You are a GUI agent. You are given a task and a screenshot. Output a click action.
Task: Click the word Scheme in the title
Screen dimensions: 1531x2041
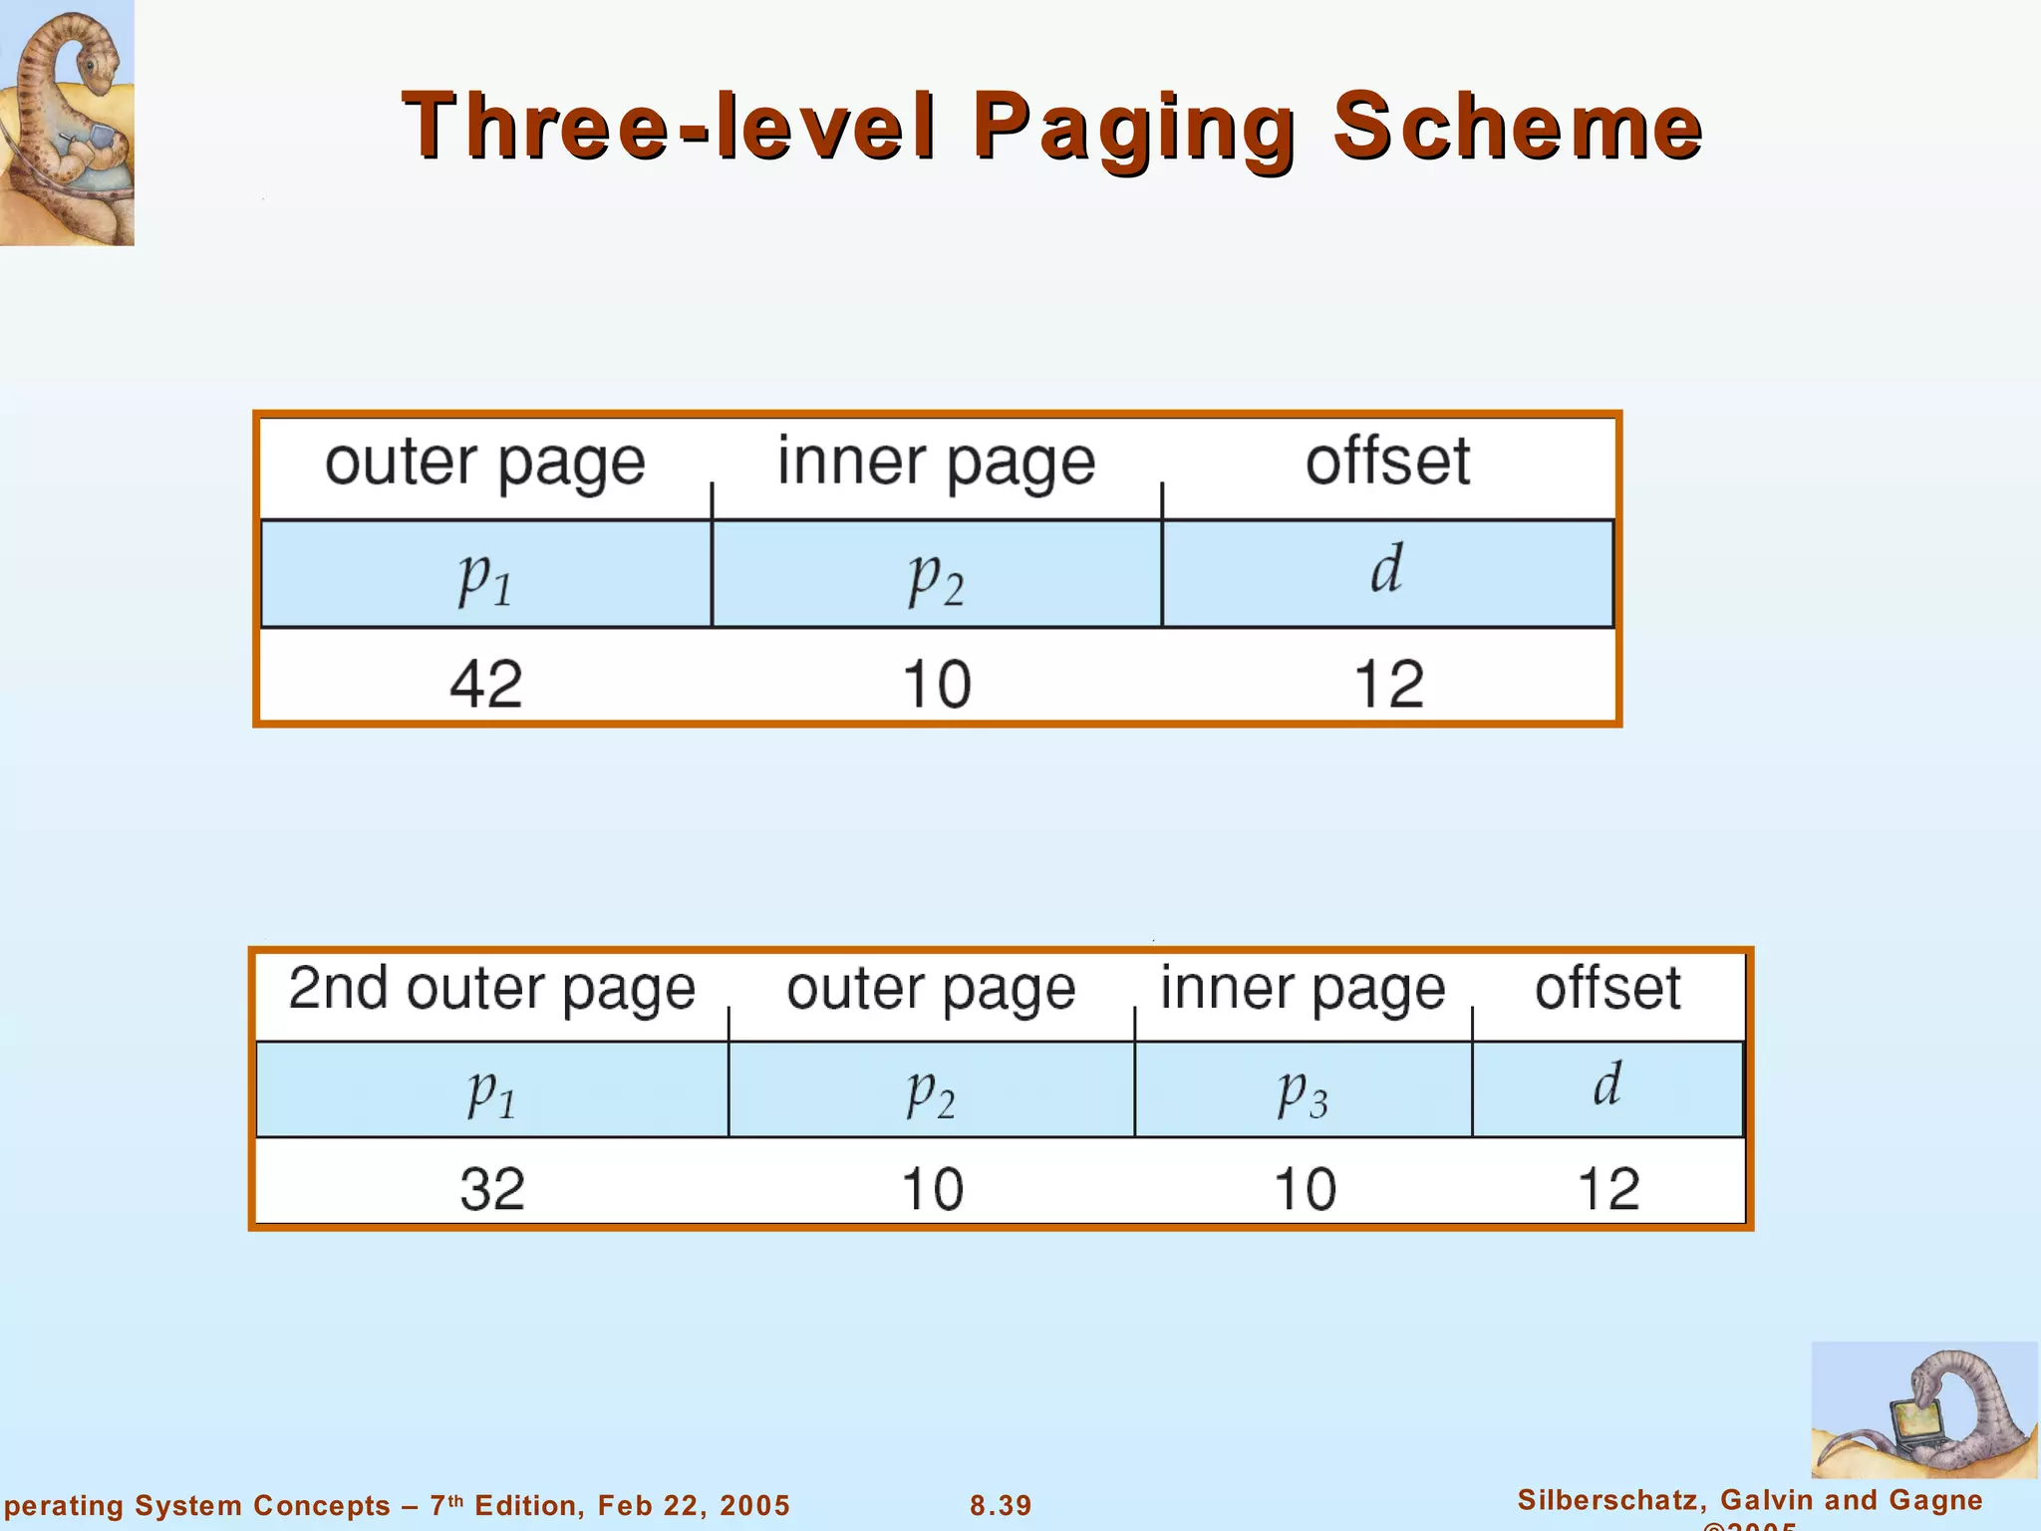[x=1518, y=127]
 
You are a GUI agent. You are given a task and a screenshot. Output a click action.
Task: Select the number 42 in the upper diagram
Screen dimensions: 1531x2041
[x=485, y=684]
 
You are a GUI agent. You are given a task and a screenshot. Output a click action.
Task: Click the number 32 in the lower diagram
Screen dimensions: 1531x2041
[x=492, y=1189]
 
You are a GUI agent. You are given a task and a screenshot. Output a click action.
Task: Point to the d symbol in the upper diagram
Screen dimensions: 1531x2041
[x=1386, y=569]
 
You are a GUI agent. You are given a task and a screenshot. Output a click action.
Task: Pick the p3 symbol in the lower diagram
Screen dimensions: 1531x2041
[x=1303, y=1092]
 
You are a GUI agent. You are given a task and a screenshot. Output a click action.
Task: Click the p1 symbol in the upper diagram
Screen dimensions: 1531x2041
[x=485, y=577]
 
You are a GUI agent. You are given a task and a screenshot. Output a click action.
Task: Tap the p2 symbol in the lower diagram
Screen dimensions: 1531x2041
[x=931, y=1092]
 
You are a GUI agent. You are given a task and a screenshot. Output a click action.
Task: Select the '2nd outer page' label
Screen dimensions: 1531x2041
[x=491, y=989]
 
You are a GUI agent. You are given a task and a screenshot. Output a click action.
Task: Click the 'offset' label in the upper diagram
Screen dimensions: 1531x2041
[x=1387, y=461]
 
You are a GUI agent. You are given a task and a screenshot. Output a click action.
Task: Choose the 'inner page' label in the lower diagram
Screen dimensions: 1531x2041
[x=1303, y=989]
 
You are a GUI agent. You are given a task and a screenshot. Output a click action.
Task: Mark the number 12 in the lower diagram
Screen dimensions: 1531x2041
[x=1608, y=1189]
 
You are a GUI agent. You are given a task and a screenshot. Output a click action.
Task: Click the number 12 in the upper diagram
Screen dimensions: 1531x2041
[x=1388, y=684]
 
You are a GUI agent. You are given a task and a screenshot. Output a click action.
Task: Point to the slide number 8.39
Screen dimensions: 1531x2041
[x=1001, y=1505]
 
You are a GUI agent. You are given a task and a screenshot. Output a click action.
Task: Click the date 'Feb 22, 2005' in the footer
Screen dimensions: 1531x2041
[x=694, y=1505]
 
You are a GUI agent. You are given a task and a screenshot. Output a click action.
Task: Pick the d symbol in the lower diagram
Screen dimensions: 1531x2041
[x=1607, y=1083]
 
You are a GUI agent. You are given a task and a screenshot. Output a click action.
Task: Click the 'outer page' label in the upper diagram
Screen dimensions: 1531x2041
[x=485, y=462]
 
